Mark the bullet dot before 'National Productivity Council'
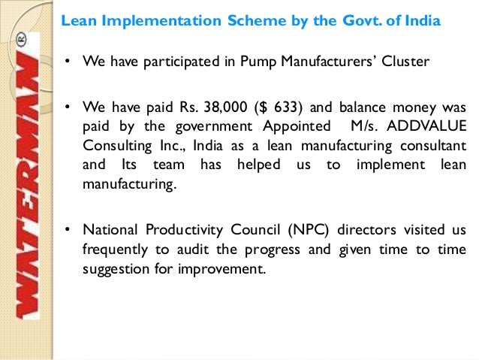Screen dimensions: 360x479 tap(67, 230)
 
